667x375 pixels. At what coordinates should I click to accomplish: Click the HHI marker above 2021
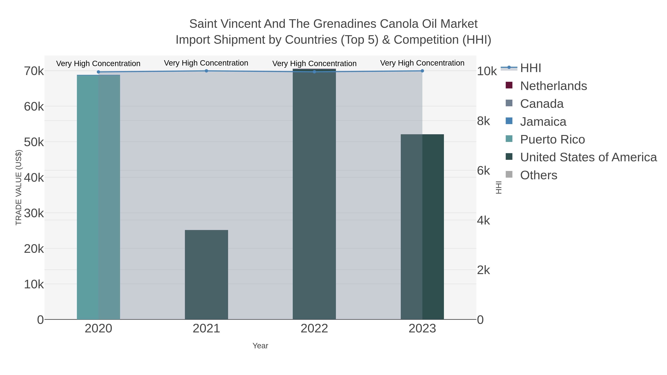(x=206, y=71)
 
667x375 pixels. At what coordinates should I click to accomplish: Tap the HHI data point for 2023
(x=422, y=71)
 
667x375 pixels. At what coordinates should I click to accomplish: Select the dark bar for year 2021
(x=206, y=274)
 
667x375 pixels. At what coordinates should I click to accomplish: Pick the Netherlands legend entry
(x=553, y=86)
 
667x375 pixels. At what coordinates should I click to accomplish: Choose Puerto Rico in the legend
(x=552, y=139)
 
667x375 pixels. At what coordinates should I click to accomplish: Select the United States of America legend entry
(x=588, y=157)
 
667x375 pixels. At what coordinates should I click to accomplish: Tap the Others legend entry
(x=539, y=175)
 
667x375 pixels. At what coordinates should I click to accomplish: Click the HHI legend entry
(x=531, y=68)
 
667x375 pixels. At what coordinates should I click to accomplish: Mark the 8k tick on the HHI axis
(x=483, y=121)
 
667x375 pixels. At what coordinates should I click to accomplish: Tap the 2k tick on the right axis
(x=483, y=270)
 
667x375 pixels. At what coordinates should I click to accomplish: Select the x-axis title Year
(x=260, y=346)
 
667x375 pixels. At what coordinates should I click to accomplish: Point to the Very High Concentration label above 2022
(x=314, y=63)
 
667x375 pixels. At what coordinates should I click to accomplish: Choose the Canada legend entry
(x=542, y=104)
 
